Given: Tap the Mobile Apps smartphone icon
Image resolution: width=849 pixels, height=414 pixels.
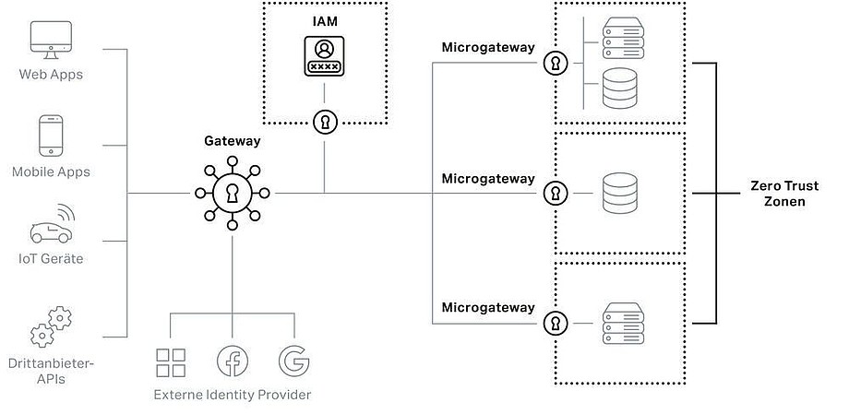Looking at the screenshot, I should [x=51, y=136].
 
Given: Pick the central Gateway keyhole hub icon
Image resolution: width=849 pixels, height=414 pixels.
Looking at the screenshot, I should [x=232, y=193].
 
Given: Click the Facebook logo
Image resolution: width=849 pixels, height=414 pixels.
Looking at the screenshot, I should [x=232, y=361].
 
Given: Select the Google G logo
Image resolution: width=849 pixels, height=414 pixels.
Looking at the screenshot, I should [x=293, y=361].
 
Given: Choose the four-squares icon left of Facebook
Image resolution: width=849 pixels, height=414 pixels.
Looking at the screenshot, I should [x=172, y=361].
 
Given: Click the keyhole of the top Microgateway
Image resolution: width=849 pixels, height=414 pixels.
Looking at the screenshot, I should [x=556, y=64].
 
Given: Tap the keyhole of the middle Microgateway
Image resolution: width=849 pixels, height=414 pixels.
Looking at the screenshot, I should [x=556, y=194].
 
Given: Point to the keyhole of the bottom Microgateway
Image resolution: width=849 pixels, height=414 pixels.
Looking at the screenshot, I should [x=556, y=323].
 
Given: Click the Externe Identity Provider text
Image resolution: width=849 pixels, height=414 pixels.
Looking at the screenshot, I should [x=232, y=395].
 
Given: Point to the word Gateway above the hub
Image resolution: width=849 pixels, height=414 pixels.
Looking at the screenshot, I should [x=232, y=141].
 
